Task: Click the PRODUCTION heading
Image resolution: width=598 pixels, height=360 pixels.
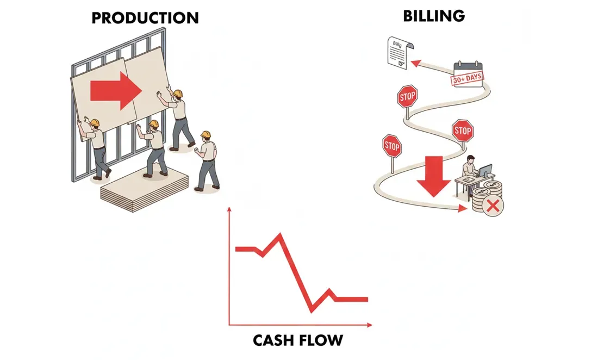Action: [x=145, y=17]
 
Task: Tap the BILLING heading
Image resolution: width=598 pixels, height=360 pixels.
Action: [x=434, y=15]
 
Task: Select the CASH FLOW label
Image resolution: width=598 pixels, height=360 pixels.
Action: [x=298, y=340]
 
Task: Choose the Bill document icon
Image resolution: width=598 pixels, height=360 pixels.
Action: [x=397, y=52]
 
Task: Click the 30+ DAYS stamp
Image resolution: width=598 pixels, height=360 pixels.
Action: [x=468, y=79]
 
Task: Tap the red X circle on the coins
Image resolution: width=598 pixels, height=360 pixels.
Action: [x=494, y=206]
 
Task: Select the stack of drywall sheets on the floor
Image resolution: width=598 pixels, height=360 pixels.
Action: [x=142, y=188]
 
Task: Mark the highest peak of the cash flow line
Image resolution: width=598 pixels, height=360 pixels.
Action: [x=280, y=234]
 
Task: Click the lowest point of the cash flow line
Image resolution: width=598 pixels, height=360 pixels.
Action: [x=312, y=311]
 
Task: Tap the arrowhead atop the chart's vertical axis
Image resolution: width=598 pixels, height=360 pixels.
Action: [x=231, y=210]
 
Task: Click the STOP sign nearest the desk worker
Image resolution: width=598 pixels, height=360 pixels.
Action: [x=462, y=131]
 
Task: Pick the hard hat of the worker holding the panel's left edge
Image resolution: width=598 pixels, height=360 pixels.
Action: [x=94, y=122]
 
